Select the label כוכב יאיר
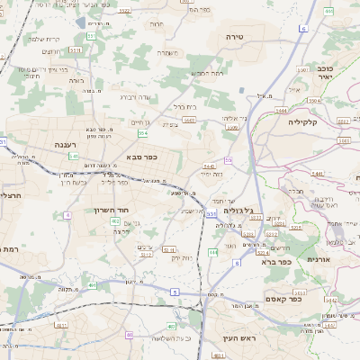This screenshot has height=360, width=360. click(x=325, y=73)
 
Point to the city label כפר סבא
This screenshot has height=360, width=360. click(x=142, y=158)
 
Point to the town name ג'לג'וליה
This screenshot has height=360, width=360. click(x=238, y=209)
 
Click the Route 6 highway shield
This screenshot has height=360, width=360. click(x=303, y=30)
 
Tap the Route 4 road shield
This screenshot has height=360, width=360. click(x=67, y=215)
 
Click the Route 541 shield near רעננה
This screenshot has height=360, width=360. click(x=73, y=156)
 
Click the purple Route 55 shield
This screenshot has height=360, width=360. click(x=229, y=160)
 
